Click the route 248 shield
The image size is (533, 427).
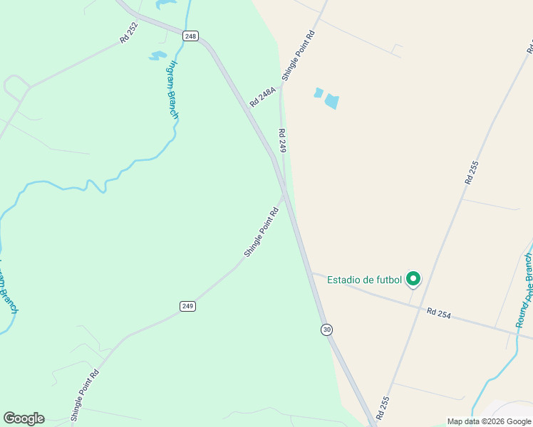[190, 36]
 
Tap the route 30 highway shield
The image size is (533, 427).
[326, 330]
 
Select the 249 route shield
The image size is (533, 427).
[187, 306]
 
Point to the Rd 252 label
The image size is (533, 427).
[129, 32]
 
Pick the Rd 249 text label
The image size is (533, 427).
[282, 141]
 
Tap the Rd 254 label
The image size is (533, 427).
[441, 312]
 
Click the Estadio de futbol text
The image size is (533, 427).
[364, 280]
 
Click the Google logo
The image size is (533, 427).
[24, 418]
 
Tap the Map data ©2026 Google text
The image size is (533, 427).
[490, 421]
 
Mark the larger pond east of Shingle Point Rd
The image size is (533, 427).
[331, 101]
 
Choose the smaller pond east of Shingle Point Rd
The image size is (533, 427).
[319, 93]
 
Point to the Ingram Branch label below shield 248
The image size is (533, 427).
[173, 88]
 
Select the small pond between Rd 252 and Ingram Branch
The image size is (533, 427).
[157, 56]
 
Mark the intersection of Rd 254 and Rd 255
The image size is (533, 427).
[414, 306]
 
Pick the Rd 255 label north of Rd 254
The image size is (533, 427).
[472, 173]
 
